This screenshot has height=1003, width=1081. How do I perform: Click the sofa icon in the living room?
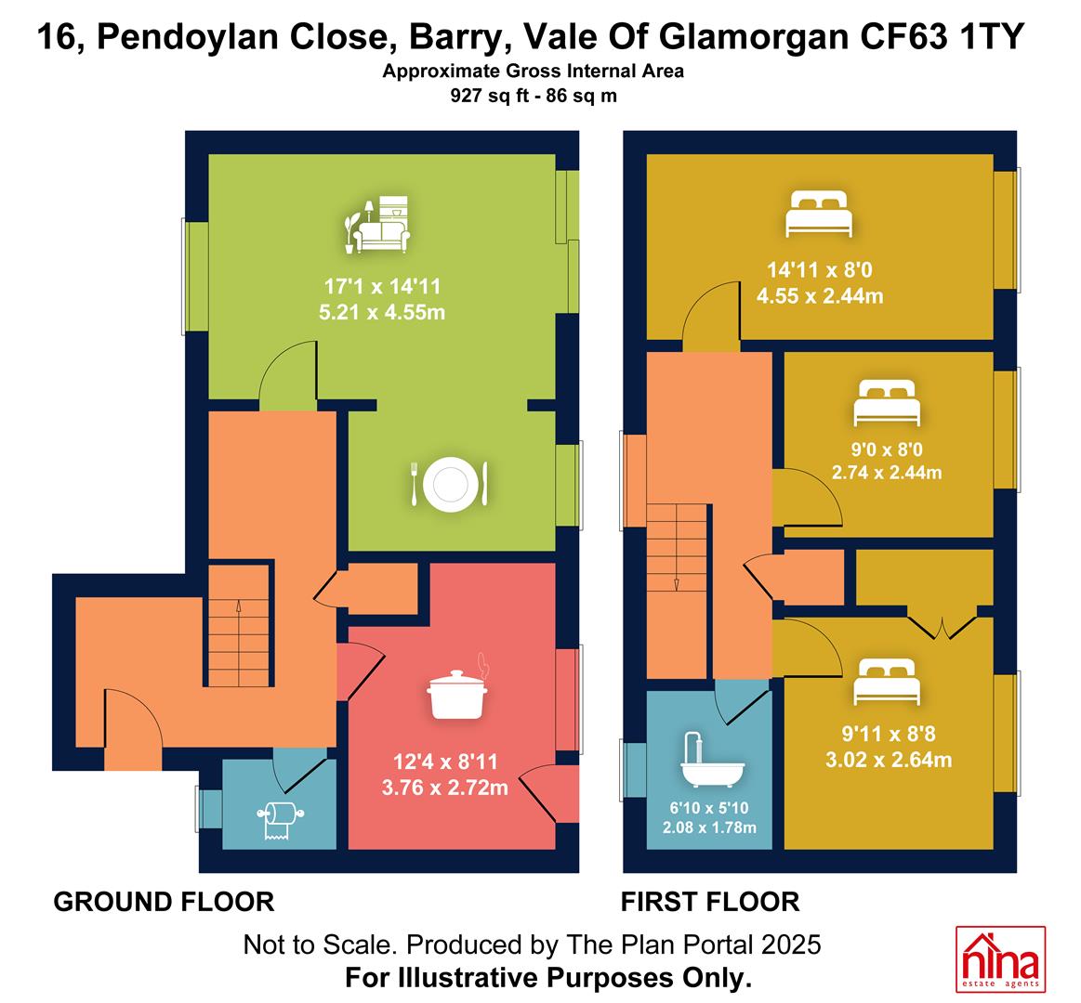[x=377, y=224]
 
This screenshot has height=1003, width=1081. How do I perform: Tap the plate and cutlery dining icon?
[x=450, y=484]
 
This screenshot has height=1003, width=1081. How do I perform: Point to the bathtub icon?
[x=712, y=760]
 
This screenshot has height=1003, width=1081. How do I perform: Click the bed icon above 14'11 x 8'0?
[x=819, y=214]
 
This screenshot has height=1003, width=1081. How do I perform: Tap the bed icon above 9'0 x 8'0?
[x=887, y=403]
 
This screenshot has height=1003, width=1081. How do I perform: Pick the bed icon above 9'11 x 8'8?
[x=887, y=682]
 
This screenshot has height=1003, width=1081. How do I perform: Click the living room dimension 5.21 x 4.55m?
[x=382, y=312]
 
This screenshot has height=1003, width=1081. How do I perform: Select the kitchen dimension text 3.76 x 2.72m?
[x=445, y=787]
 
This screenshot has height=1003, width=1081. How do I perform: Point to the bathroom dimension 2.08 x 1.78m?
[x=709, y=827]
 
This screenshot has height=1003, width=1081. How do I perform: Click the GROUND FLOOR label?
[x=165, y=902]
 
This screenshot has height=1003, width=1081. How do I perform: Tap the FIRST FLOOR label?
[x=710, y=902]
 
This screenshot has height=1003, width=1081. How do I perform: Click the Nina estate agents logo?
[x=1000, y=959]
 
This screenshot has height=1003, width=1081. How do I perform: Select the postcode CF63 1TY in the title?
[x=942, y=36]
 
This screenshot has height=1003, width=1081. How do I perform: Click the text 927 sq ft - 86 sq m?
[x=534, y=95]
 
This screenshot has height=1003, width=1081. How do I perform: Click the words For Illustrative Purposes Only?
[x=548, y=978]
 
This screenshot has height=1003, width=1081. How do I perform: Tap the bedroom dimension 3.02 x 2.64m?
[x=889, y=760]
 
